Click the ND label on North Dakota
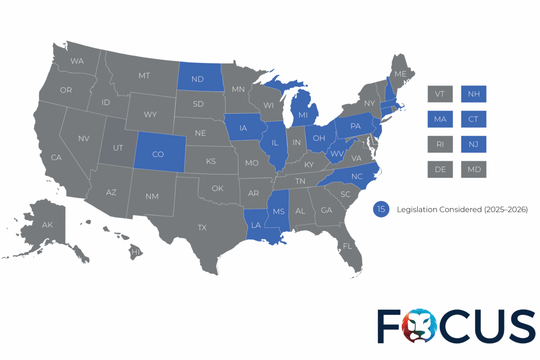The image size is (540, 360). (197, 79)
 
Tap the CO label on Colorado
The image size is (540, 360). (158, 154)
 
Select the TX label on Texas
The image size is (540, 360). (202, 228)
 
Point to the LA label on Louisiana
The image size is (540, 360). (256, 225)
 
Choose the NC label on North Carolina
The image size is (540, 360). (357, 176)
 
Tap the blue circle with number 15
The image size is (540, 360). (381, 209)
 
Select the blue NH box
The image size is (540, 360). (473, 94)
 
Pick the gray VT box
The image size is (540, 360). (440, 94)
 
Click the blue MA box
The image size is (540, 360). (440, 119)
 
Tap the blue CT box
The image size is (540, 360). (473, 119)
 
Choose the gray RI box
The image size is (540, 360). (440, 144)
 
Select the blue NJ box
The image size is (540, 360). (473, 144)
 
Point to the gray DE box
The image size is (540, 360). (440, 170)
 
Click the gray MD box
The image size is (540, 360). (473, 170)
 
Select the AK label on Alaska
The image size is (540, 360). (47, 225)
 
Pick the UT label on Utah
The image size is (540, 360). (118, 148)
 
